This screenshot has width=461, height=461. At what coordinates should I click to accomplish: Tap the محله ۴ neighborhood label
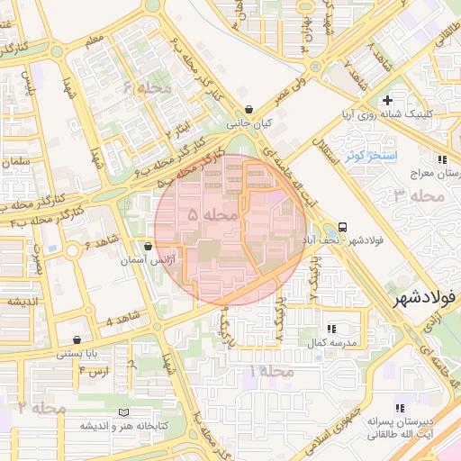147,87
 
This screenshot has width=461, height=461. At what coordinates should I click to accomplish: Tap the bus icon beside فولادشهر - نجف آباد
342,228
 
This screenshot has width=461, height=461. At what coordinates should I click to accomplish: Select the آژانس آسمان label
148,260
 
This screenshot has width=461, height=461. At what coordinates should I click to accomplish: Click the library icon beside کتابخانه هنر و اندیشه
123,411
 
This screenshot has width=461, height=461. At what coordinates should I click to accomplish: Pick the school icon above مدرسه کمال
332,330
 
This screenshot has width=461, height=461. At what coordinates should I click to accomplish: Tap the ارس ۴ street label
93,371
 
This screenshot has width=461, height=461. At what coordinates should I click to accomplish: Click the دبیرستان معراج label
438,171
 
